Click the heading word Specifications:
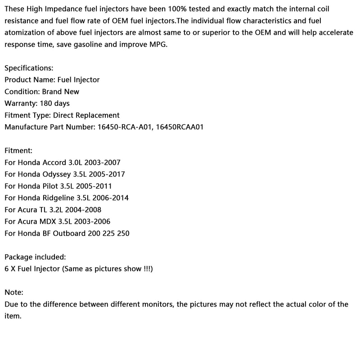[x=29, y=68]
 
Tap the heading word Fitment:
[x=18, y=151]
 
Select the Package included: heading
[x=35, y=257]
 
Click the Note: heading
[x=14, y=292]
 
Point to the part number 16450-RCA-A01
[x=124, y=127]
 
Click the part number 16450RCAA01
[x=180, y=127]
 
